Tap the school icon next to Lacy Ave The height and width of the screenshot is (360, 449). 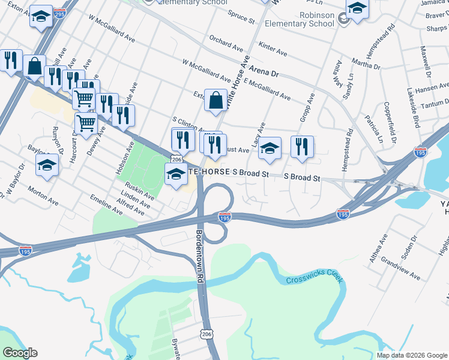270,148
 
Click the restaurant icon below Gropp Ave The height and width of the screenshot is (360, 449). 303,146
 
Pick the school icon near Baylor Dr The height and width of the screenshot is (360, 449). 47,164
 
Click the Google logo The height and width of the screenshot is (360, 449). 20,353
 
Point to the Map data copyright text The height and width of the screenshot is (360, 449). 411,355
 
